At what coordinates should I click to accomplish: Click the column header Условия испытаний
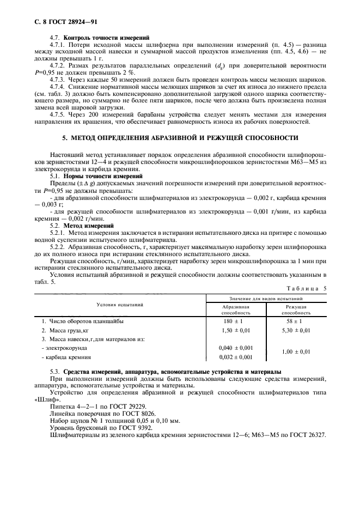pyautogui.click(x=120, y=305)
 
